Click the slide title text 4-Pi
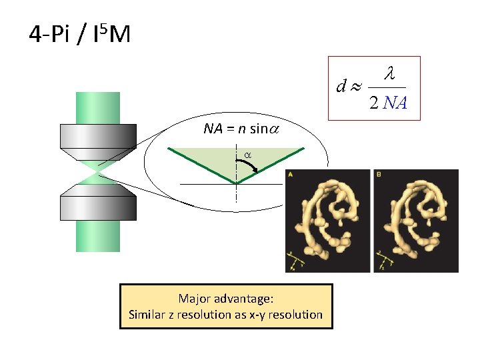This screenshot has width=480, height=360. coord(52,33)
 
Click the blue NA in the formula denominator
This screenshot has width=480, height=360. coord(395,103)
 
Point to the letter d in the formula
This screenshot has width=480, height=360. coord(341,87)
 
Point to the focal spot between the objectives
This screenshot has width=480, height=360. coord(98,173)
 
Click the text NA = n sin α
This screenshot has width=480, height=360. coord(241,129)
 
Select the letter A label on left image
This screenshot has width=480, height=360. coord(290,175)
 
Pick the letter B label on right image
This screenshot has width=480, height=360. coord(379,175)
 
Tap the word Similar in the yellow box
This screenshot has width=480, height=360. coord(149,315)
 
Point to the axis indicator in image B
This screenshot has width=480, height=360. coord(382,261)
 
